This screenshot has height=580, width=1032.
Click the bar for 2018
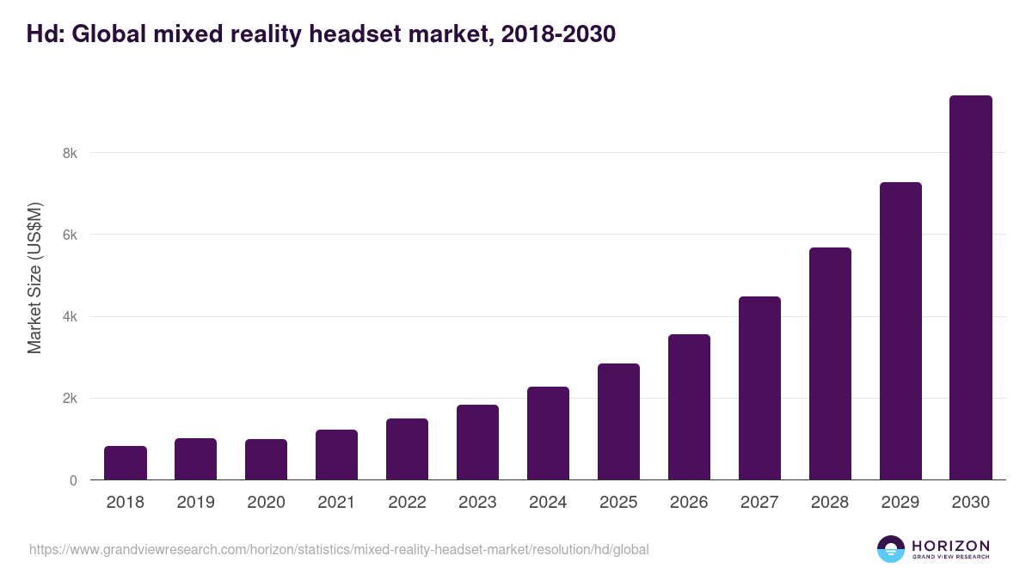click(x=126, y=463)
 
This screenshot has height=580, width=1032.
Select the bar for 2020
click(x=267, y=460)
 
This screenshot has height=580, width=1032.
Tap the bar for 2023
click(x=477, y=443)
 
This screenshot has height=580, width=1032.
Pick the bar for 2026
click(x=689, y=407)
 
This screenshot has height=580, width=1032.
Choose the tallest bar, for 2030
click(x=971, y=288)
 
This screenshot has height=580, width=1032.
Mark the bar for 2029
click(x=900, y=331)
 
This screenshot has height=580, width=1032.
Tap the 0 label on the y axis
click(x=73, y=480)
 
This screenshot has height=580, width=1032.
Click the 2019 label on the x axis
click(x=196, y=503)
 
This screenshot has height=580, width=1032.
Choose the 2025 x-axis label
click(x=618, y=503)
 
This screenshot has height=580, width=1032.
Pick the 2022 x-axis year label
click(x=407, y=503)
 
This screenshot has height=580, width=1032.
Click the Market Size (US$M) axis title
click(x=34, y=278)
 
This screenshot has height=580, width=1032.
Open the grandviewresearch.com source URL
click(x=339, y=549)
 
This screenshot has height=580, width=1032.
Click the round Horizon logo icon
click(x=891, y=549)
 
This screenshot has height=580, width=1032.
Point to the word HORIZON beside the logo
click(x=951, y=546)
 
